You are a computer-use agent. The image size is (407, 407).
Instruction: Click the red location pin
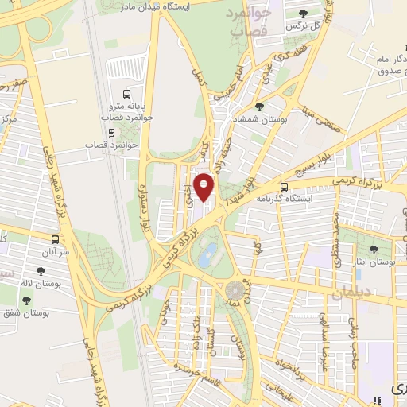tap(204, 187)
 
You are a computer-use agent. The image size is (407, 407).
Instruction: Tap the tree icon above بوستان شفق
tap(28, 300)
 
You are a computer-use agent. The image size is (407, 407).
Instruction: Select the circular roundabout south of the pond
tap(234, 291)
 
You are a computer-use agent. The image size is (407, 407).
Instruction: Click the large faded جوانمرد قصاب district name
tap(248, 21)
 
